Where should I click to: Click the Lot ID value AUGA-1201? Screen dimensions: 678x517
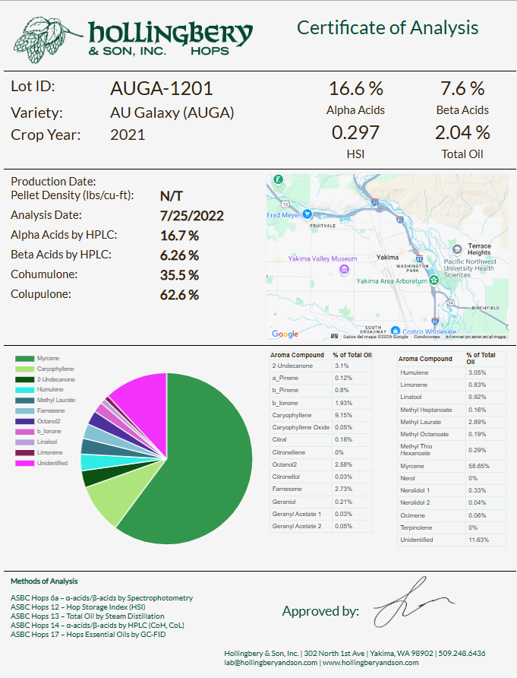(161, 88)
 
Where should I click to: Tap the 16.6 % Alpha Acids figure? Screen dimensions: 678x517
(355, 88)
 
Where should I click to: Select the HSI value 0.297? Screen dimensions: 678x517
(355, 133)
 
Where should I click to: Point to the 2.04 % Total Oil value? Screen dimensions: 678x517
(462, 133)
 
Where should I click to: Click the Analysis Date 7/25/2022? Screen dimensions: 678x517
(192, 216)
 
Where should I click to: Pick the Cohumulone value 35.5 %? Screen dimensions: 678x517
(179, 274)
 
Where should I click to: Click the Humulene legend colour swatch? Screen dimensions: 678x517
(24, 389)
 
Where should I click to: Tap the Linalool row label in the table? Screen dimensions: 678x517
(411, 397)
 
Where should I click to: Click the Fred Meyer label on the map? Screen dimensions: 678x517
(285, 214)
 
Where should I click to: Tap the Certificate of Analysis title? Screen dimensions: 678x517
(387, 28)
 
